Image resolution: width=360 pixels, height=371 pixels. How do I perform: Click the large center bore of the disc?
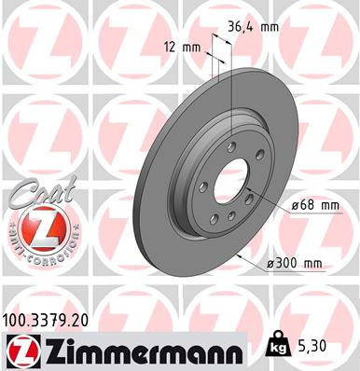229,183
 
